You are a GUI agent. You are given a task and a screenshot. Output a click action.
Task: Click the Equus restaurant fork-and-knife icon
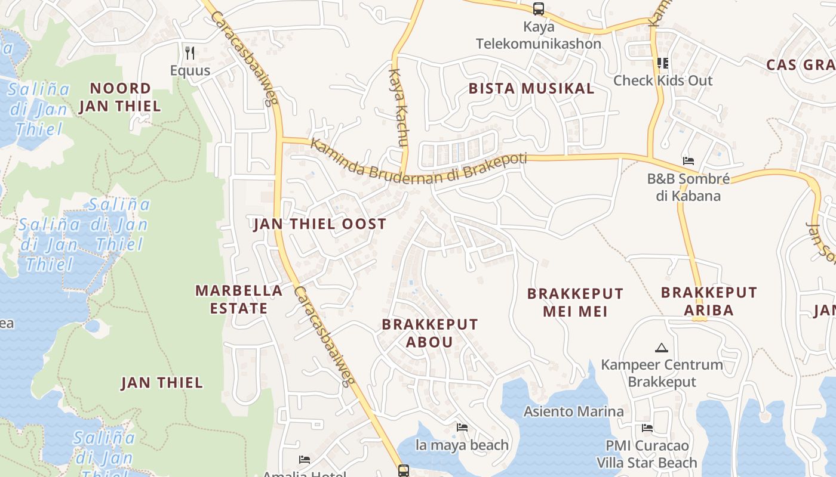(190, 53)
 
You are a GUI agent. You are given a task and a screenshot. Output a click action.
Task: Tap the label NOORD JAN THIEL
(120, 97)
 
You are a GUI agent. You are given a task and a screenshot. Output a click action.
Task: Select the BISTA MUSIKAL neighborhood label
(531, 89)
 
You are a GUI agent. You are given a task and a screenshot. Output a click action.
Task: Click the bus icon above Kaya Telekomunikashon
(538, 9)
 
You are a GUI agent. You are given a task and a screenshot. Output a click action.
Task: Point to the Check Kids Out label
(663, 80)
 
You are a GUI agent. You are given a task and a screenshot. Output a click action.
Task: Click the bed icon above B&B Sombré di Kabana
(688, 161)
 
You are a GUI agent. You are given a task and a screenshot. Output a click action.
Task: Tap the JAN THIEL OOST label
(320, 224)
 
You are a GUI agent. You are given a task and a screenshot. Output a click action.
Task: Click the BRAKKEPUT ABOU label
(429, 333)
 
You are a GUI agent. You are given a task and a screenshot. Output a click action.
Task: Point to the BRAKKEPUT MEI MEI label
(575, 302)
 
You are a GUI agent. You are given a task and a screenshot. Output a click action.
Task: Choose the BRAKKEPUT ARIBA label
(709, 301)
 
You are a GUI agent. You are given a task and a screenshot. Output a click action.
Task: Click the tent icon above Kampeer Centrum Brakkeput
(661, 348)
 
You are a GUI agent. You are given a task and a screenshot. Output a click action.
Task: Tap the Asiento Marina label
(573, 411)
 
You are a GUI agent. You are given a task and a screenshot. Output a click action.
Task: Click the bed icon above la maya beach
(462, 428)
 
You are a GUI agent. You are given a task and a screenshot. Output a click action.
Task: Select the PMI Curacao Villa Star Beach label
(647, 454)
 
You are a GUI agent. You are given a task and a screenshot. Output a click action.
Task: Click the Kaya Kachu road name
(397, 107)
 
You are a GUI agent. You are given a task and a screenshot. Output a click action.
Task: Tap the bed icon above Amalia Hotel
(304, 460)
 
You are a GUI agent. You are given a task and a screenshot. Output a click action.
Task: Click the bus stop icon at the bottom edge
(404, 470)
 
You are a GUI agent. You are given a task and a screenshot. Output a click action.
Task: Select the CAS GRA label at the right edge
(800, 64)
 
